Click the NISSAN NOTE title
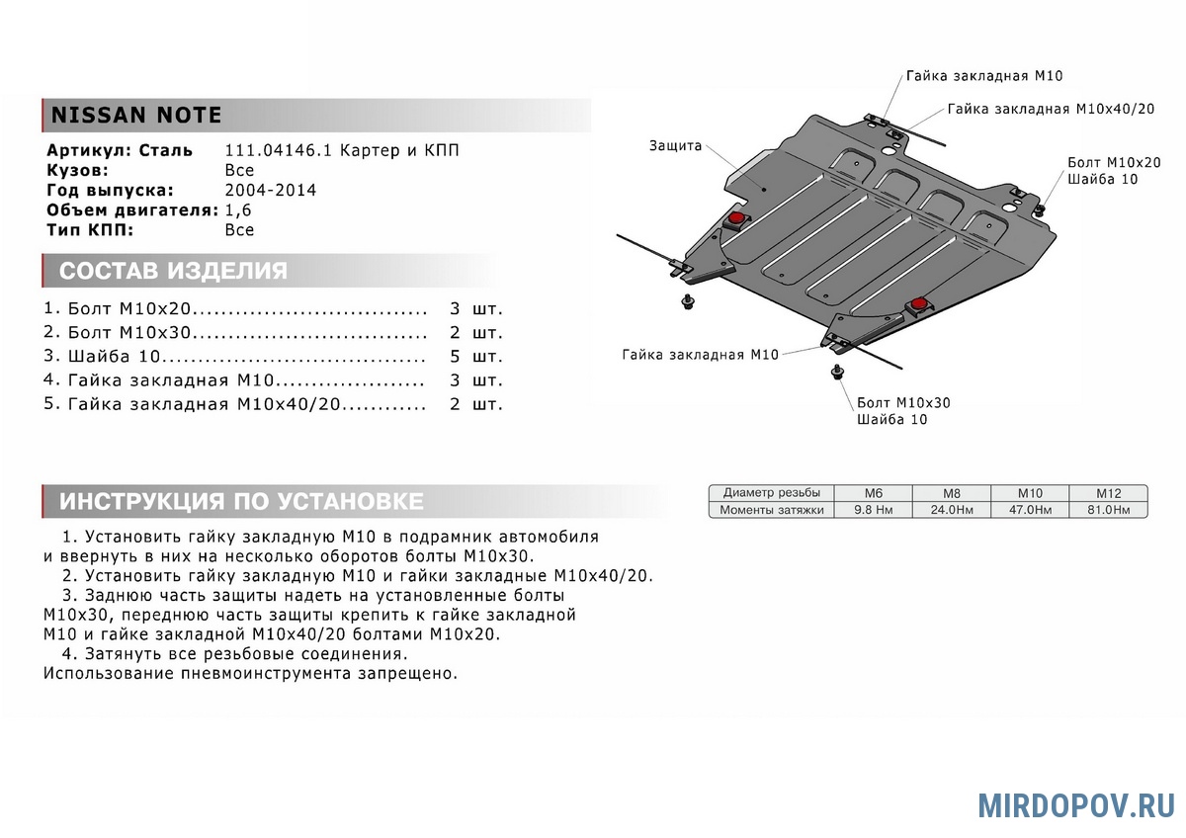(x=136, y=115)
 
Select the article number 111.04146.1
(x=279, y=151)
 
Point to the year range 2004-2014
(x=271, y=191)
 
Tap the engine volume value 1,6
(x=239, y=210)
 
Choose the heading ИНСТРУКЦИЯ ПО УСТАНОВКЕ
(x=241, y=501)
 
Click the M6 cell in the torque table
(x=873, y=493)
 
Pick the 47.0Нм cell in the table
(x=1029, y=510)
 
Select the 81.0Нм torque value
(x=1107, y=510)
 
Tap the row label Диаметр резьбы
(x=771, y=493)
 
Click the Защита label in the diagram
(x=675, y=146)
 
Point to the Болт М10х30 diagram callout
(x=903, y=403)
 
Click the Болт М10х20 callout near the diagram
(x=1114, y=162)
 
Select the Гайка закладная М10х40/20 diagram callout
(x=1051, y=108)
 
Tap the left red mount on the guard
(x=737, y=218)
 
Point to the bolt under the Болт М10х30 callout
(x=838, y=374)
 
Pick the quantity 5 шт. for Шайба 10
(x=475, y=356)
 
